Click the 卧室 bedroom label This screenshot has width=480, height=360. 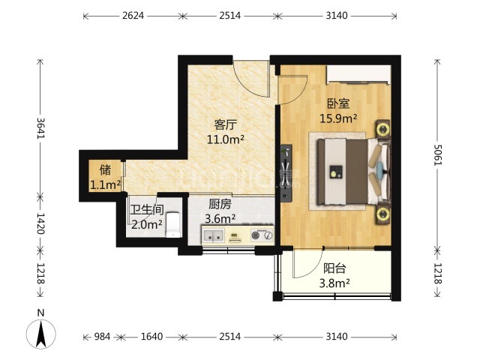click(x=338, y=103)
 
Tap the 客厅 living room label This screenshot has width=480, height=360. click(x=226, y=125)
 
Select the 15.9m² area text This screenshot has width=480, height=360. click(x=338, y=118)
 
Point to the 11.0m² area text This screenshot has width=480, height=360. click(x=226, y=139)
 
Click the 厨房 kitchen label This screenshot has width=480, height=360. click(x=220, y=204)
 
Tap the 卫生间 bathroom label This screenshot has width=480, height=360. click(x=147, y=210)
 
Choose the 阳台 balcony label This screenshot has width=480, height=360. click(x=334, y=268)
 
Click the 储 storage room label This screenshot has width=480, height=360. click(x=105, y=170)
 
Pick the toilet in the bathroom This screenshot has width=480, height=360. click(x=173, y=225)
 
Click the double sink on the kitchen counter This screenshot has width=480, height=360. click(x=213, y=235)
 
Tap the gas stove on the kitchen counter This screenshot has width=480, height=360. click(x=262, y=235)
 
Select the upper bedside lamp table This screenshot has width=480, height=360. click(x=383, y=129)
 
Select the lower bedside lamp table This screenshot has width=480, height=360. click(x=383, y=213)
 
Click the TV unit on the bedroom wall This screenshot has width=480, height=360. click(x=286, y=173)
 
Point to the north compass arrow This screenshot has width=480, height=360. click(x=41, y=334)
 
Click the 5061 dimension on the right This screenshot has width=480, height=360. click(x=437, y=154)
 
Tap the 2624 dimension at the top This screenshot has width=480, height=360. click(x=133, y=15)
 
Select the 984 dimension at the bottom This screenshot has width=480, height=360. click(x=102, y=337)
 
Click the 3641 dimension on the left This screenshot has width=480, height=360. click(x=40, y=127)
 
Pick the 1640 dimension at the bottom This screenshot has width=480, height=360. click(x=151, y=337)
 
